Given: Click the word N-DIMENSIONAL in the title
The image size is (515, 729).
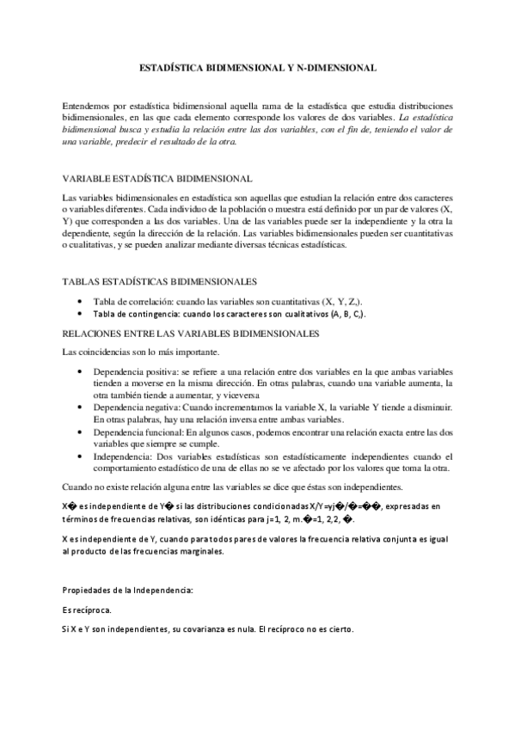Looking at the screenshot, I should click(x=335, y=66).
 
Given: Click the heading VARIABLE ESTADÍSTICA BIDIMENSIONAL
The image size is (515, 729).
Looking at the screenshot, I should click(x=157, y=179).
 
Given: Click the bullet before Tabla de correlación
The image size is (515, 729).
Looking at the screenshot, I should click(x=80, y=302).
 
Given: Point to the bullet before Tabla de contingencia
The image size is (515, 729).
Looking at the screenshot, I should click(x=80, y=315).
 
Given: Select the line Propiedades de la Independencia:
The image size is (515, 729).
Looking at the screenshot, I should click(x=128, y=590).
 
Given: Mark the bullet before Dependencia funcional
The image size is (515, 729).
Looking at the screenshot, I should click(x=80, y=432).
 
